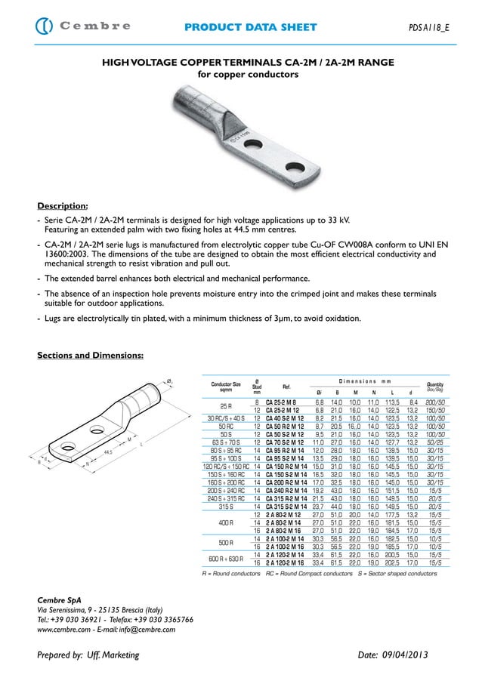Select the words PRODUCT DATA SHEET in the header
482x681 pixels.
tap(251, 27)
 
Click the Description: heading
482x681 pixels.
tap(63, 205)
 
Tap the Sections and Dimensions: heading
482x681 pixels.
tap(91, 355)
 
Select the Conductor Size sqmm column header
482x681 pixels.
tap(226, 387)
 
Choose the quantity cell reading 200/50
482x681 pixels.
tap(434, 403)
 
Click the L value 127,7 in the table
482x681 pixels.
tap(392, 442)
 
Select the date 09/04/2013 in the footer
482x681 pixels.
tap(410, 655)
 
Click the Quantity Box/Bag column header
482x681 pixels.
tap(434, 387)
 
